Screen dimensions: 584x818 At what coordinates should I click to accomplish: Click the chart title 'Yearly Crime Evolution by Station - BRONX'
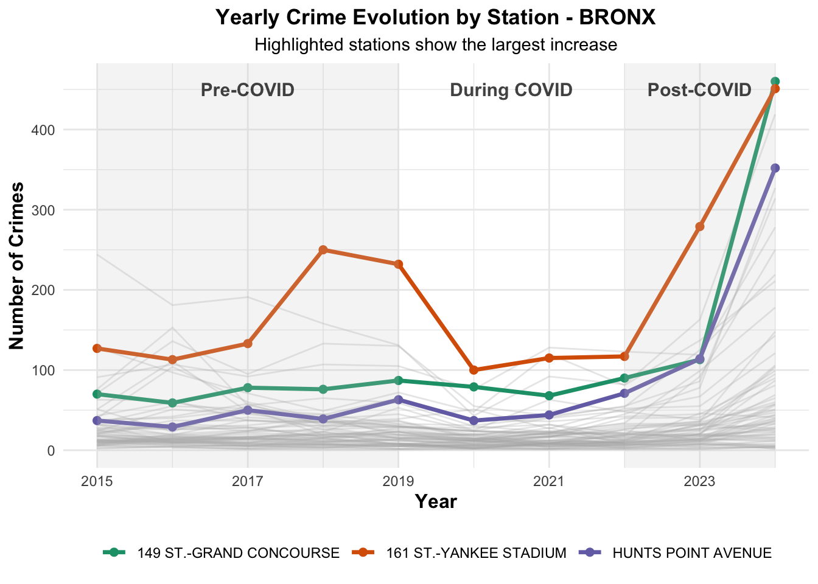[436, 18]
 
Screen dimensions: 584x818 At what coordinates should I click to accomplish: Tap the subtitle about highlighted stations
[436, 45]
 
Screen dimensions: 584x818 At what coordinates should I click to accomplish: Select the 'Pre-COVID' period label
[248, 90]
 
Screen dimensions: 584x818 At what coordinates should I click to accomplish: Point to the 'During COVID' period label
[511, 90]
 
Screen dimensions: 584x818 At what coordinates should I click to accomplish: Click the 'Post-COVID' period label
[699, 90]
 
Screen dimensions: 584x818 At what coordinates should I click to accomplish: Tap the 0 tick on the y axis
[51, 451]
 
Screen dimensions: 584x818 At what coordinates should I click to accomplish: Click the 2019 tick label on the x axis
[398, 482]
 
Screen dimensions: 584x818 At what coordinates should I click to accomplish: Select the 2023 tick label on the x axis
[699, 482]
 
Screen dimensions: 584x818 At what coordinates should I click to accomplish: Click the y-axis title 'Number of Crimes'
[17, 266]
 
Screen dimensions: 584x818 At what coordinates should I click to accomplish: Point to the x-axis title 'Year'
[436, 502]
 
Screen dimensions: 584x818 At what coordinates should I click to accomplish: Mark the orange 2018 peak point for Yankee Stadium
[323, 250]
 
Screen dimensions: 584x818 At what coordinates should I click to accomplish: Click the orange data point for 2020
[474, 370]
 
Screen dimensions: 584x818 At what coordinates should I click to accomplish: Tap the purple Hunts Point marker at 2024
[775, 168]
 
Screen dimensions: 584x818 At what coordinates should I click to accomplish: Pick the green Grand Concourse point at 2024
[775, 82]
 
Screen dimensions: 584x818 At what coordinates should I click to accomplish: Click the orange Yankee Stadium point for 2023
[699, 226]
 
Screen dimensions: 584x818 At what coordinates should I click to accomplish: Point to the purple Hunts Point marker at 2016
[172, 427]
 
